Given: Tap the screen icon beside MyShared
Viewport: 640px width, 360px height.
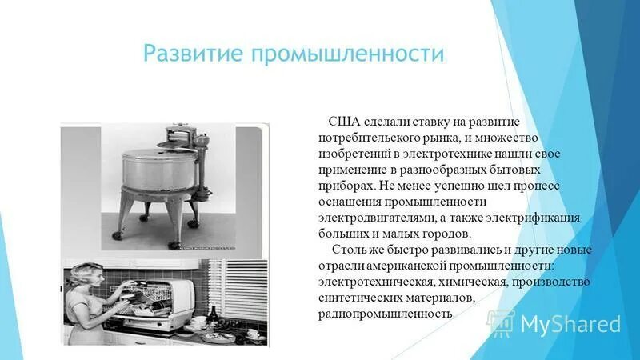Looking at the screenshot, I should (504, 323).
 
